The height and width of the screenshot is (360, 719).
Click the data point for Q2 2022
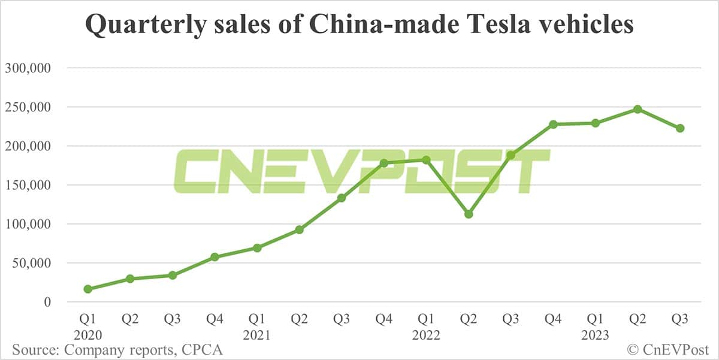(469, 214)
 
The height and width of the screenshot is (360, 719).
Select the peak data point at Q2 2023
(638, 109)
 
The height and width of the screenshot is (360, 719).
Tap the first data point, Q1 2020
(88, 289)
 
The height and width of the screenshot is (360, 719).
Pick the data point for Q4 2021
(384, 163)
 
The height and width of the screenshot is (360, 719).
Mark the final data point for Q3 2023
(680, 128)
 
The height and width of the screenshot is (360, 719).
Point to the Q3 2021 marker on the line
(342, 198)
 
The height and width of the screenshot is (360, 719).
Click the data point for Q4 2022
(553, 124)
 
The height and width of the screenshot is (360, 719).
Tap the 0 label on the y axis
(47, 302)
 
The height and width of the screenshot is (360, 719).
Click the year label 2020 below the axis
(88, 335)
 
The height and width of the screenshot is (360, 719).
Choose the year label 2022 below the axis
(426, 335)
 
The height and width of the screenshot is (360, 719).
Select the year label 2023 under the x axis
(595, 335)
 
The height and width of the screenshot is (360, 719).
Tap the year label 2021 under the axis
(257, 335)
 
